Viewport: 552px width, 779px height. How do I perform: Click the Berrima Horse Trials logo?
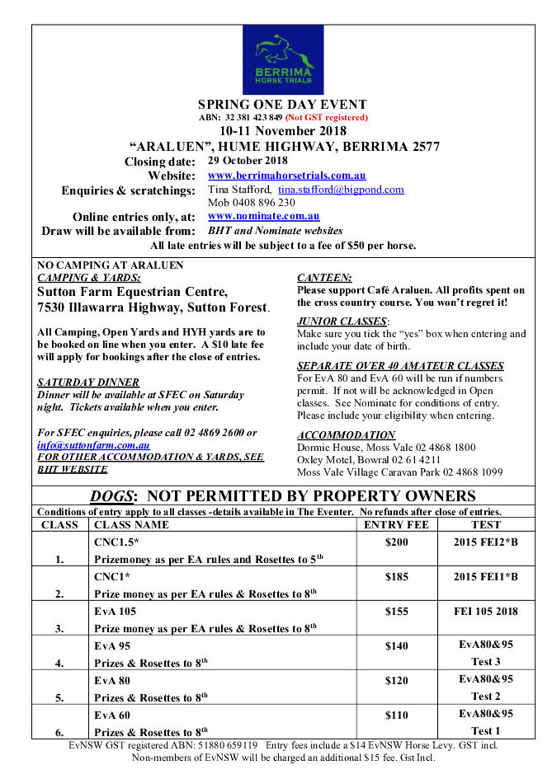pyautogui.click(x=277, y=60)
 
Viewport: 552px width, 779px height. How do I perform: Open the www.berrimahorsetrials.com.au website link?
pyautogui.click(x=286, y=176)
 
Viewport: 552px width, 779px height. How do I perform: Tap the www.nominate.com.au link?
pyautogui.click(x=263, y=216)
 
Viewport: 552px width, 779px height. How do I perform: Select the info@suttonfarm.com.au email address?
pyautogui.click(x=93, y=445)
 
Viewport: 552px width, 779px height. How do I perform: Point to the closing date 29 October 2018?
pyautogui.click(x=248, y=161)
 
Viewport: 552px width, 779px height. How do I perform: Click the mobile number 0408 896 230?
pyautogui.click(x=251, y=203)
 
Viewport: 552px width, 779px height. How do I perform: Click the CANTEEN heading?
pyautogui.click(x=324, y=278)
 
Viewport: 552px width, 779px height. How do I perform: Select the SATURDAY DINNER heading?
pyautogui.click(x=88, y=382)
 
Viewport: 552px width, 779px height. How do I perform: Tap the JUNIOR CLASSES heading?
pyautogui.click(x=342, y=321)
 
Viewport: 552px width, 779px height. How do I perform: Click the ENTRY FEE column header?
pyautogui.click(x=396, y=524)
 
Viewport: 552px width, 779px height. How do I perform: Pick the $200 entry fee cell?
pyautogui.click(x=396, y=542)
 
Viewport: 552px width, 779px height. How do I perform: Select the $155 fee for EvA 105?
pyautogui.click(x=396, y=612)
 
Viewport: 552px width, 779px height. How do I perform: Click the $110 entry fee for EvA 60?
pyautogui.click(x=396, y=716)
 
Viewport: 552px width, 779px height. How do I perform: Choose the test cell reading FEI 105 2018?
pyautogui.click(x=485, y=612)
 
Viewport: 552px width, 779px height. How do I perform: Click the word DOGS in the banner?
pyautogui.click(x=111, y=496)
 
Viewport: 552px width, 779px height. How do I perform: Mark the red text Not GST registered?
pyautogui.click(x=327, y=118)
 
